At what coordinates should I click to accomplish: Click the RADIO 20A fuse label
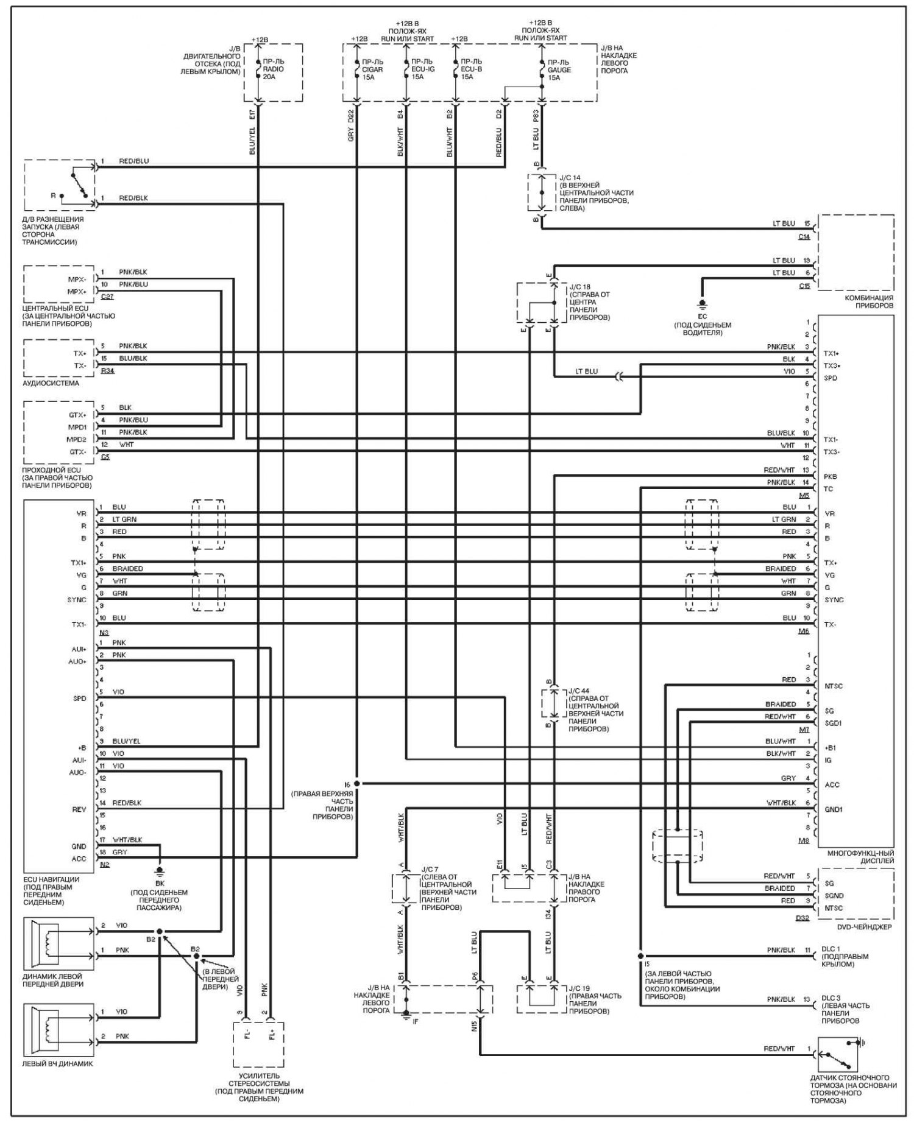pyautogui.click(x=273, y=69)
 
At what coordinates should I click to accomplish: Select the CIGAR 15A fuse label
pyautogui.click(x=372, y=69)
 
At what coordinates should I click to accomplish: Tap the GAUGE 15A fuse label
pyautogui.click(x=559, y=69)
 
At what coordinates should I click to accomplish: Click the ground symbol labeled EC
pyautogui.click(x=702, y=303)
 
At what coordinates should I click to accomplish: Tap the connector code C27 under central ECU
pyautogui.click(x=107, y=297)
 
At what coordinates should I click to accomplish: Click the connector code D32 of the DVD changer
pyautogui.click(x=802, y=918)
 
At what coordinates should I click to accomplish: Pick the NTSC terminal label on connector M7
pyautogui.click(x=834, y=686)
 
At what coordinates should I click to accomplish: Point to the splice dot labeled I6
pyautogui.click(x=357, y=784)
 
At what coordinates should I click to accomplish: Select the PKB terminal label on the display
pyautogui.click(x=830, y=477)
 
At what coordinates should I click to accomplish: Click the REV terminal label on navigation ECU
pyautogui.click(x=79, y=809)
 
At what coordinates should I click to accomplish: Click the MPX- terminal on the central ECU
pyautogui.click(x=77, y=279)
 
